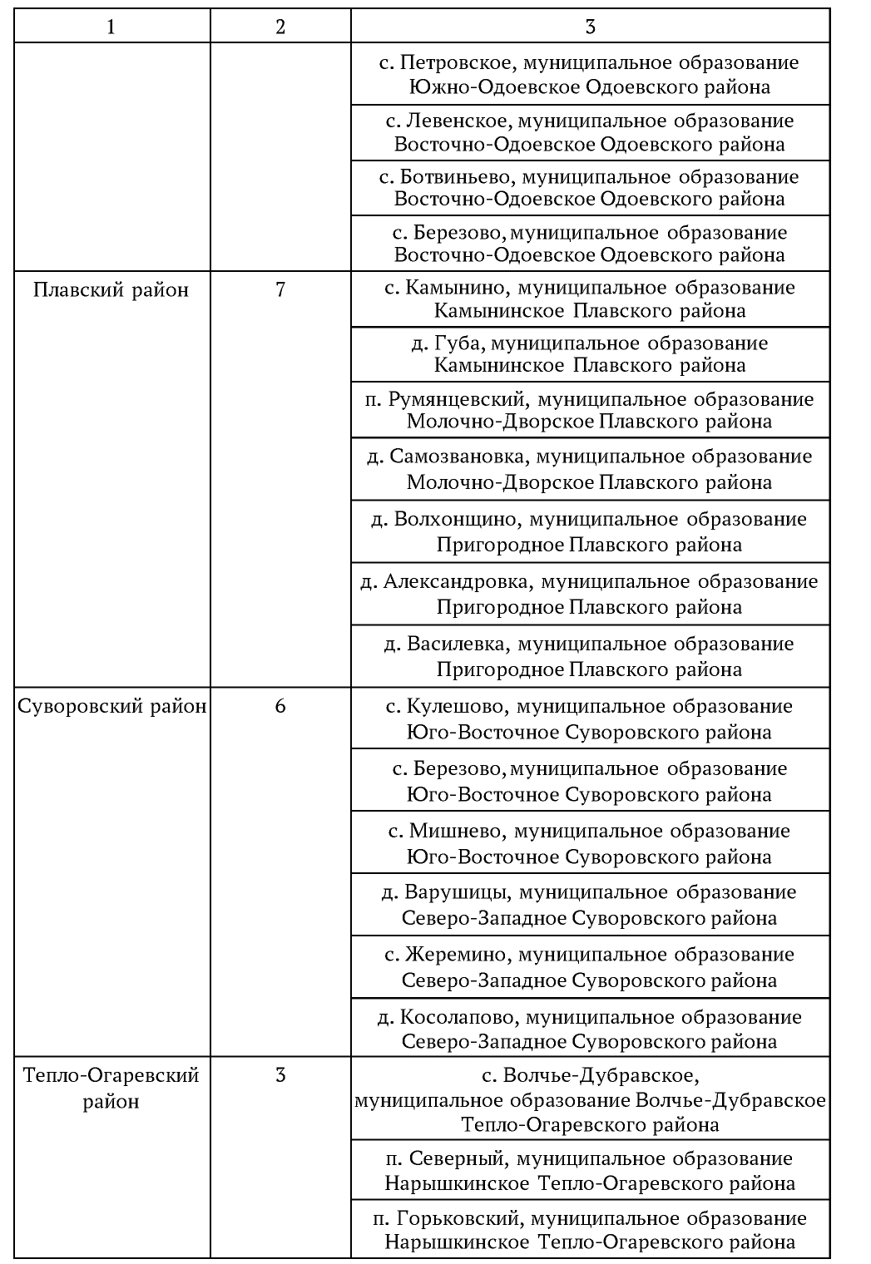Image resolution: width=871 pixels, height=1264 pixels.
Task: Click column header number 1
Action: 111,27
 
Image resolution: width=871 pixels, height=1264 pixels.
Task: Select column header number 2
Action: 280,27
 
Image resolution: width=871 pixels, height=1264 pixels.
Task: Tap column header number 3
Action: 590,27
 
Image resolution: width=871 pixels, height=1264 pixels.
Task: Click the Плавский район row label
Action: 111,290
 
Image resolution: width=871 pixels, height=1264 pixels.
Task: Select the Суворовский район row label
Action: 112,707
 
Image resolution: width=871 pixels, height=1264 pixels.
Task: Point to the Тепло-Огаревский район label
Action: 111,1088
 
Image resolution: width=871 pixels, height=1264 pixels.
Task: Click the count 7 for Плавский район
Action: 280,290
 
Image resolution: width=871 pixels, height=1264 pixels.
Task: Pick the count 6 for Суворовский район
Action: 280,707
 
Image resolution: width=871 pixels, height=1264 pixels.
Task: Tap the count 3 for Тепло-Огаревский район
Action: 280,1075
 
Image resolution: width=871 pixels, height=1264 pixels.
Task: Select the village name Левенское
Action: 454,121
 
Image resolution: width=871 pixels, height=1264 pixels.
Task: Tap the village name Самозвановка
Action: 457,457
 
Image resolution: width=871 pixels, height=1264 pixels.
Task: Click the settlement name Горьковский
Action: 458,1219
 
